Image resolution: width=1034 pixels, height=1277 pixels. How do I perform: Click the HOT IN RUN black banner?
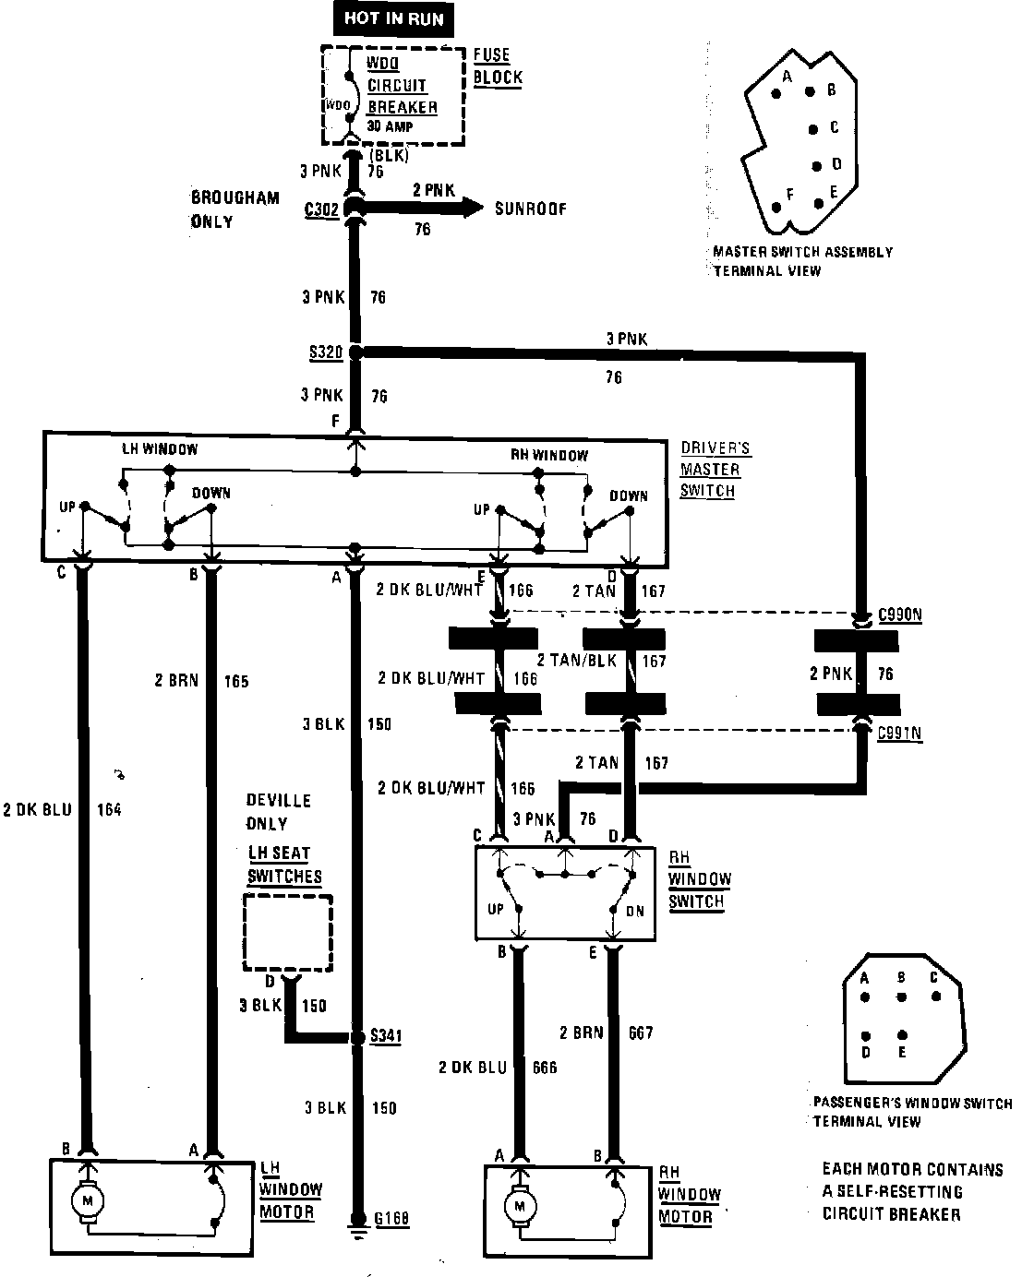tap(393, 19)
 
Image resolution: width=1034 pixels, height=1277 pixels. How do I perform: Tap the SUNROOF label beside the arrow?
tap(531, 209)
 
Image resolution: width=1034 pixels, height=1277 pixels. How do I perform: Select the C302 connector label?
tap(320, 209)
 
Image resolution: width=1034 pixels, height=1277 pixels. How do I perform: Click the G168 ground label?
tap(391, 1220)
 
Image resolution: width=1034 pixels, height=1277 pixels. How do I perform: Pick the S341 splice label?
tap(385, 1036)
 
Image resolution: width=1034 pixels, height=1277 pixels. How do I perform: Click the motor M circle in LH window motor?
tap(89, 1200)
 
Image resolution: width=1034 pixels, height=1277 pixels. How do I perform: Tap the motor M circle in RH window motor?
tap(521, 1205)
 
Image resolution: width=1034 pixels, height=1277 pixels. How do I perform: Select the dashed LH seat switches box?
tap(288, 931)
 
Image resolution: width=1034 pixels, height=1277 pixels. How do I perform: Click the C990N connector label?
tap(900, 614)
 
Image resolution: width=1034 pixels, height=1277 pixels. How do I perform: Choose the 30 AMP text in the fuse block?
tap(391, 125)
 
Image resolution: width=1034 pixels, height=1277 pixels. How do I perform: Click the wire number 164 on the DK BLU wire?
tap(108, 810)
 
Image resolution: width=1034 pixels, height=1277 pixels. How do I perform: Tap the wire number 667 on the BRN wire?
tap(640, 1032)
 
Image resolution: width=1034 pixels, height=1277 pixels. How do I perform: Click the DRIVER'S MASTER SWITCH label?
tap(715, 470)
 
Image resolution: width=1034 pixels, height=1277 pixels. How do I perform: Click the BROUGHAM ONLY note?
tap(222, 209)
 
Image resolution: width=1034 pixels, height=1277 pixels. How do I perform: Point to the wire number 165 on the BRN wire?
tap(235, 682)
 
